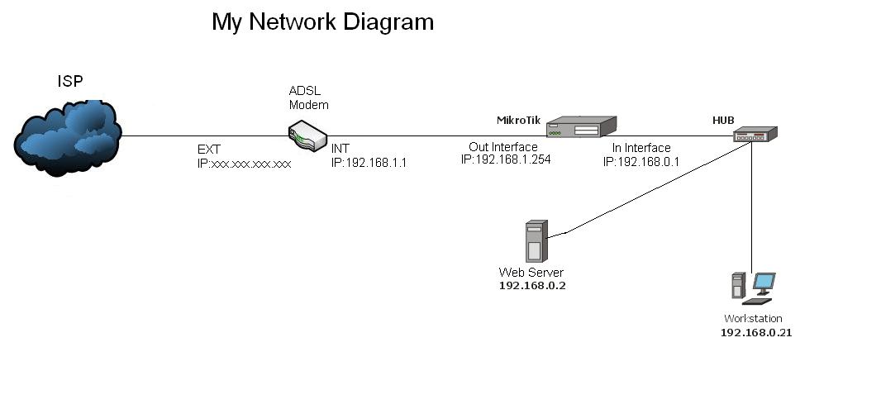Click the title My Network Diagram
(x=322, y=21)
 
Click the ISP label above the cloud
(x=70, y=81)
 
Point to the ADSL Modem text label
(x=308, y=98)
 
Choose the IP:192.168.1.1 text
(x=369, y=164)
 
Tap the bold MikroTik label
(x=518, y=121)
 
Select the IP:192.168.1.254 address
(x=506, y=159)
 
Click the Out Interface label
(x=503, y=147)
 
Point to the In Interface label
(x=641, y=148)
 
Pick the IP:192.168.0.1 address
(x=641, y=161)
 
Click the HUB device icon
(x=755, y=135)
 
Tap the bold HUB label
(x=723, y=121)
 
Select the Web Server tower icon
(x=535, y=241)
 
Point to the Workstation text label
(x=753, y=319)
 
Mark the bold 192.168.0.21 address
(x=756, y=332)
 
